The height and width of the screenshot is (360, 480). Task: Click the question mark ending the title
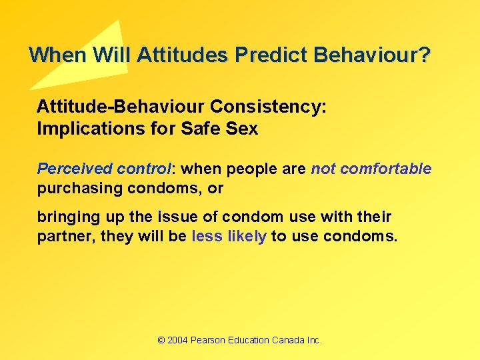point(425,55)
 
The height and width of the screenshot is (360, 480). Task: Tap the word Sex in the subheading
point(243,129)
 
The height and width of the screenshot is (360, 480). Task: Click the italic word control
point(142,169)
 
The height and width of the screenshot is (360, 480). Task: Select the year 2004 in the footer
point(177,340)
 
